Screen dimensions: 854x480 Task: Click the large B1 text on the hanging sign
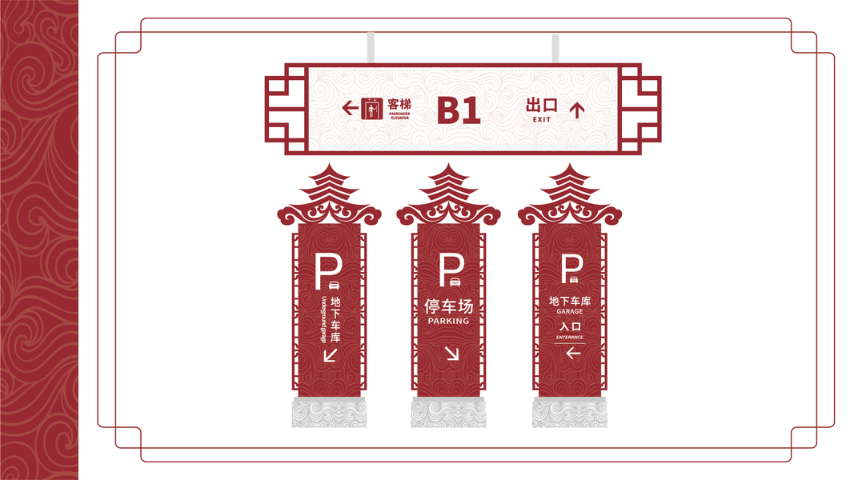[459, 110]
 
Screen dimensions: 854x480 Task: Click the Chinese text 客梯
[399, 104]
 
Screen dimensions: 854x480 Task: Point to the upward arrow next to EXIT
[576, 109]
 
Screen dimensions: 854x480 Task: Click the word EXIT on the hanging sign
[542, 120]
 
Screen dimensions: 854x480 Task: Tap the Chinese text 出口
[542, 105]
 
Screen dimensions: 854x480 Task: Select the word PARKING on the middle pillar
[448, 321]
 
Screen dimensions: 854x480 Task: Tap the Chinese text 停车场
[448, 306]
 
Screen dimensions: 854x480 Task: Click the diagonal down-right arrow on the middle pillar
[452, 353]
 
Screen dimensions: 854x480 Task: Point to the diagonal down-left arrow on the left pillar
[330, 354]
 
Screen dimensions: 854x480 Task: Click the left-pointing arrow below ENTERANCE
[571, 352]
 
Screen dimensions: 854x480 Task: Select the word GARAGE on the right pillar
[570, 311]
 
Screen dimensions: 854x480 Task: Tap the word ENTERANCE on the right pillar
[570, 337]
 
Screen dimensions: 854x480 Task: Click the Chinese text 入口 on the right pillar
[570, 326]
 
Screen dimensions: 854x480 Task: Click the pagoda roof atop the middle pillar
[448, 196]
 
